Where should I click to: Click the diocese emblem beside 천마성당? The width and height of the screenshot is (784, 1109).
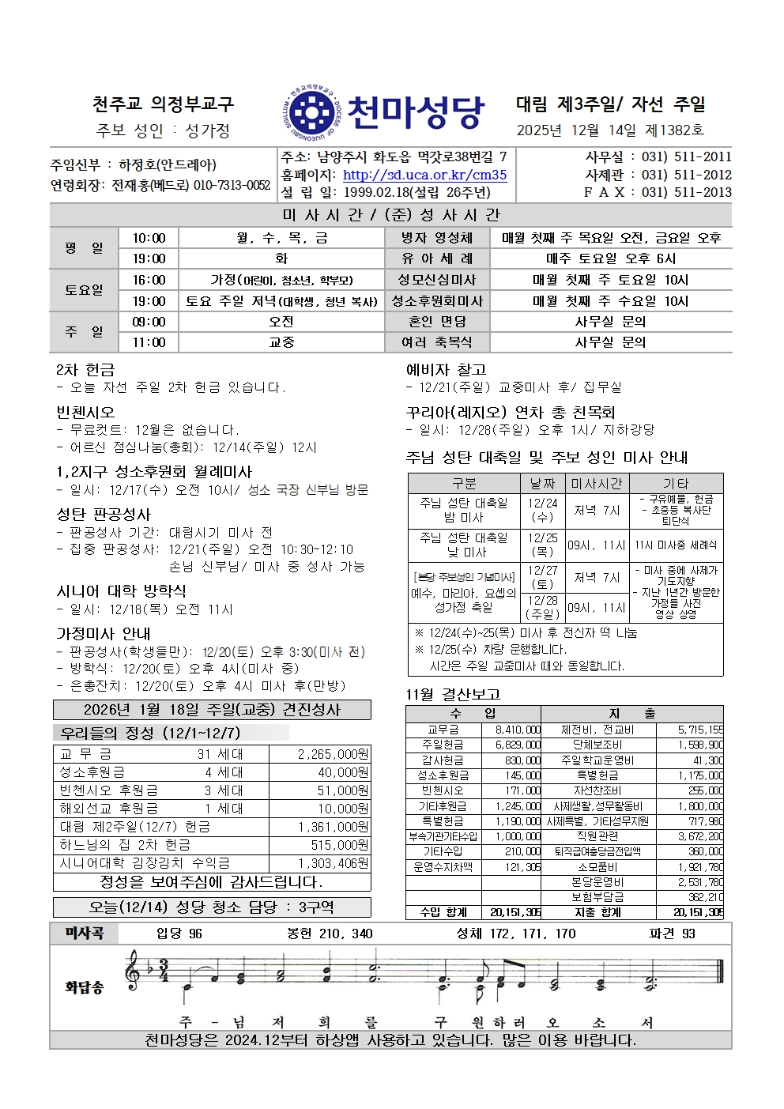pyautogui.click(x=311, y=114)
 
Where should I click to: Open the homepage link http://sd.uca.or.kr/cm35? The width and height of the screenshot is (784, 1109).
pyautogui.click(x=424, y=175)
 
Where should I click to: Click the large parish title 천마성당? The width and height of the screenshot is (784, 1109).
pyautogui.click(x=415, y=113)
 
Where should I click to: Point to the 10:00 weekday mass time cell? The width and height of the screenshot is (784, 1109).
pyautogui.click(x=149, y=238)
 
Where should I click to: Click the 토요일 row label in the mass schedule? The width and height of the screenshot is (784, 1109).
pyautogui.click(x=84, y=290)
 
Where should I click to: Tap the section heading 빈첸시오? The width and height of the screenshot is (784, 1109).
pyautogui.click(x=85, y=412)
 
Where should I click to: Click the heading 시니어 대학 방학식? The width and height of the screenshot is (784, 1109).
pyautogui.click(x=121, y=590)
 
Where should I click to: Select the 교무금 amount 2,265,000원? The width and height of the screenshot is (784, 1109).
pyautogui.click(x=333, y=754)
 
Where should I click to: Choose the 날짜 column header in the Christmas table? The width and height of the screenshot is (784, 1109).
pyautogui.click(x=542, y=483)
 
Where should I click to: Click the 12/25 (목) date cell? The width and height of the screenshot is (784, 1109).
pyautogui.click(x=542, y=545)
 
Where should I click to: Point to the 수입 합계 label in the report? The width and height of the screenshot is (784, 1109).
pyautogui.click(x=443, y=912)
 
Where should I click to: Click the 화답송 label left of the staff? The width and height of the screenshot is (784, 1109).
pyautogui.click(x=84, y=987)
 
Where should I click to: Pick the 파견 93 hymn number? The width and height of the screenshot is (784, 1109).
pyautogui.click(x=672, y=934)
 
